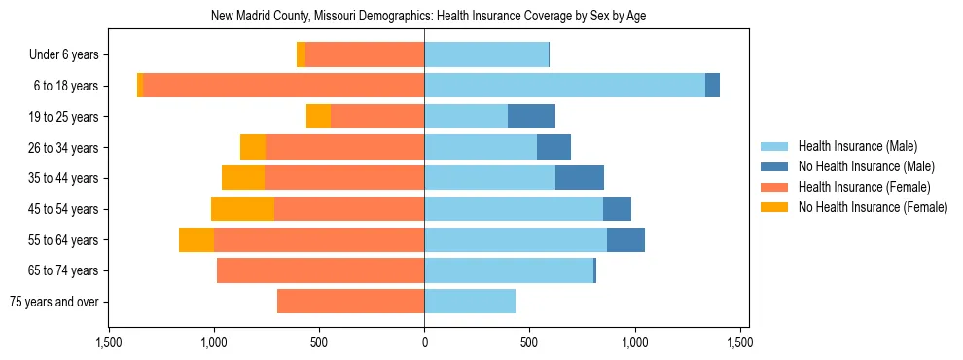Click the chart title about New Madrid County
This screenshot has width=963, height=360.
428,16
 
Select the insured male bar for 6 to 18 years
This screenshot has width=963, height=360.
564,86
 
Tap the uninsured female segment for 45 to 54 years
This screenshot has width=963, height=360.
242,209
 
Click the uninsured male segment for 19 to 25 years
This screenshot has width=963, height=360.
531,117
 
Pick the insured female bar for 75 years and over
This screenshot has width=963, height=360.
350,302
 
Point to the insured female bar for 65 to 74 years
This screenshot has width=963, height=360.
320,270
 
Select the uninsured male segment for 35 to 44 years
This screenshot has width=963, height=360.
580,178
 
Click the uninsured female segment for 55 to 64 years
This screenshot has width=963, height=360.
196,240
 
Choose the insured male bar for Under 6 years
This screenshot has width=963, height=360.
486,54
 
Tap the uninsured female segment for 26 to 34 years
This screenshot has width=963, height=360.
253,147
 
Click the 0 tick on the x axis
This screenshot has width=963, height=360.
424,342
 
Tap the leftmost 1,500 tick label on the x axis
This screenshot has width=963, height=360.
109,342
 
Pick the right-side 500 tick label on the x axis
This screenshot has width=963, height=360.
529,342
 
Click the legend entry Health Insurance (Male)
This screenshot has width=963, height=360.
857,146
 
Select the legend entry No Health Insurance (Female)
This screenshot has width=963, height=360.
873,207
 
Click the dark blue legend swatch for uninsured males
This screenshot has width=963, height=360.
774,166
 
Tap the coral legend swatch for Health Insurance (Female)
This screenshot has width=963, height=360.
774,187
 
